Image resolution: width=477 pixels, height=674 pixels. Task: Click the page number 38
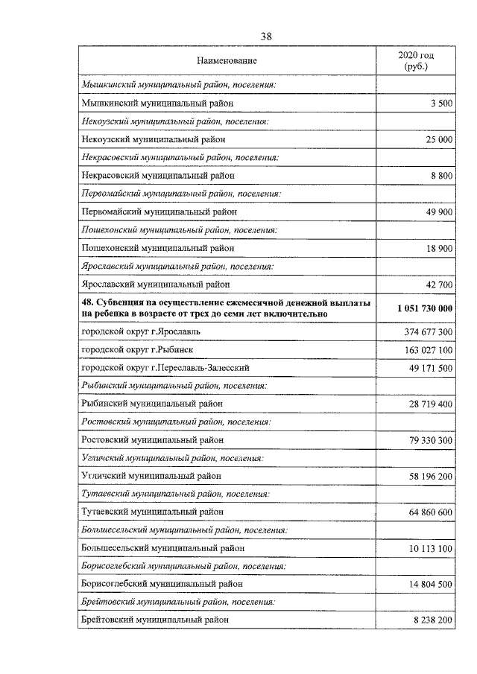pyautogui.click(x=267, y=36)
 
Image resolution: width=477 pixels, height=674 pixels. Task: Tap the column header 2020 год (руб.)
pyautogui.click(x=415, y=60)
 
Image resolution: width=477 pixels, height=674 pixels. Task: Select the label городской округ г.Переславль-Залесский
pyautogui.click(x=165, y=368)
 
